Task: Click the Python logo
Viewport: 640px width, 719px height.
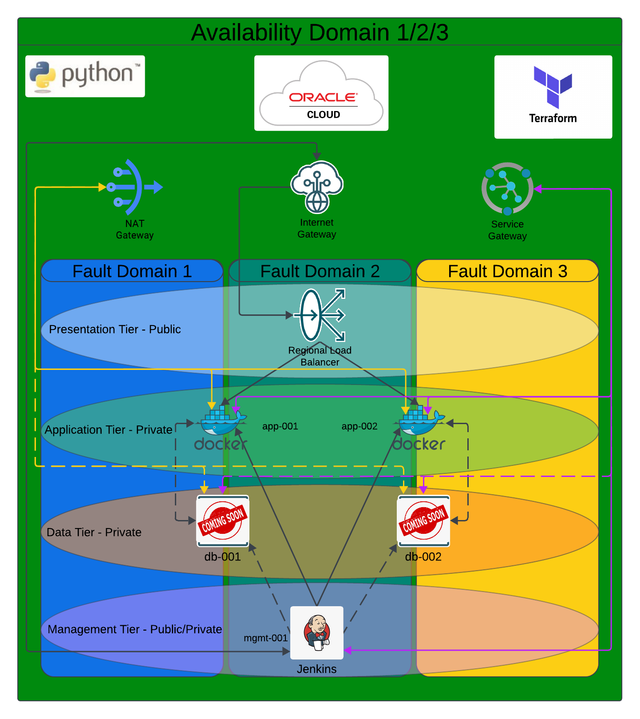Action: point(85,76)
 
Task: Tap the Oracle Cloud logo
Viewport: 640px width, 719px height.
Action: point(321,93)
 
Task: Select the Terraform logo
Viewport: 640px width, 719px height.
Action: point(553,96)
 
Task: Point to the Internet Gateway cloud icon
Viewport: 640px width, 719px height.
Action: point(316,187)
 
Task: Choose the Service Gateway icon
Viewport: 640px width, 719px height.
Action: point(507,188)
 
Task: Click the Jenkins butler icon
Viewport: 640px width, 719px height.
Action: point(316,632)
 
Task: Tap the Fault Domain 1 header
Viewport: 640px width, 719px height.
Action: point(132,271)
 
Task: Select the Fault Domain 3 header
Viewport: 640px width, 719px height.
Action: point(507,271)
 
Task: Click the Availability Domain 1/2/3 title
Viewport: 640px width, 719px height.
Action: point(320,32)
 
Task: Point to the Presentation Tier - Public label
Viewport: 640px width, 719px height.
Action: point(115,329)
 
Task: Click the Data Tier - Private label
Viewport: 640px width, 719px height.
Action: point(94,532)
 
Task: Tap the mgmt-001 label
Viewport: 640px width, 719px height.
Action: point(265,638)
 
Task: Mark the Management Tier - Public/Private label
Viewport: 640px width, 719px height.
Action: point(134,629)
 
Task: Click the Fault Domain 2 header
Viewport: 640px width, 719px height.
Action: point(320,271)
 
